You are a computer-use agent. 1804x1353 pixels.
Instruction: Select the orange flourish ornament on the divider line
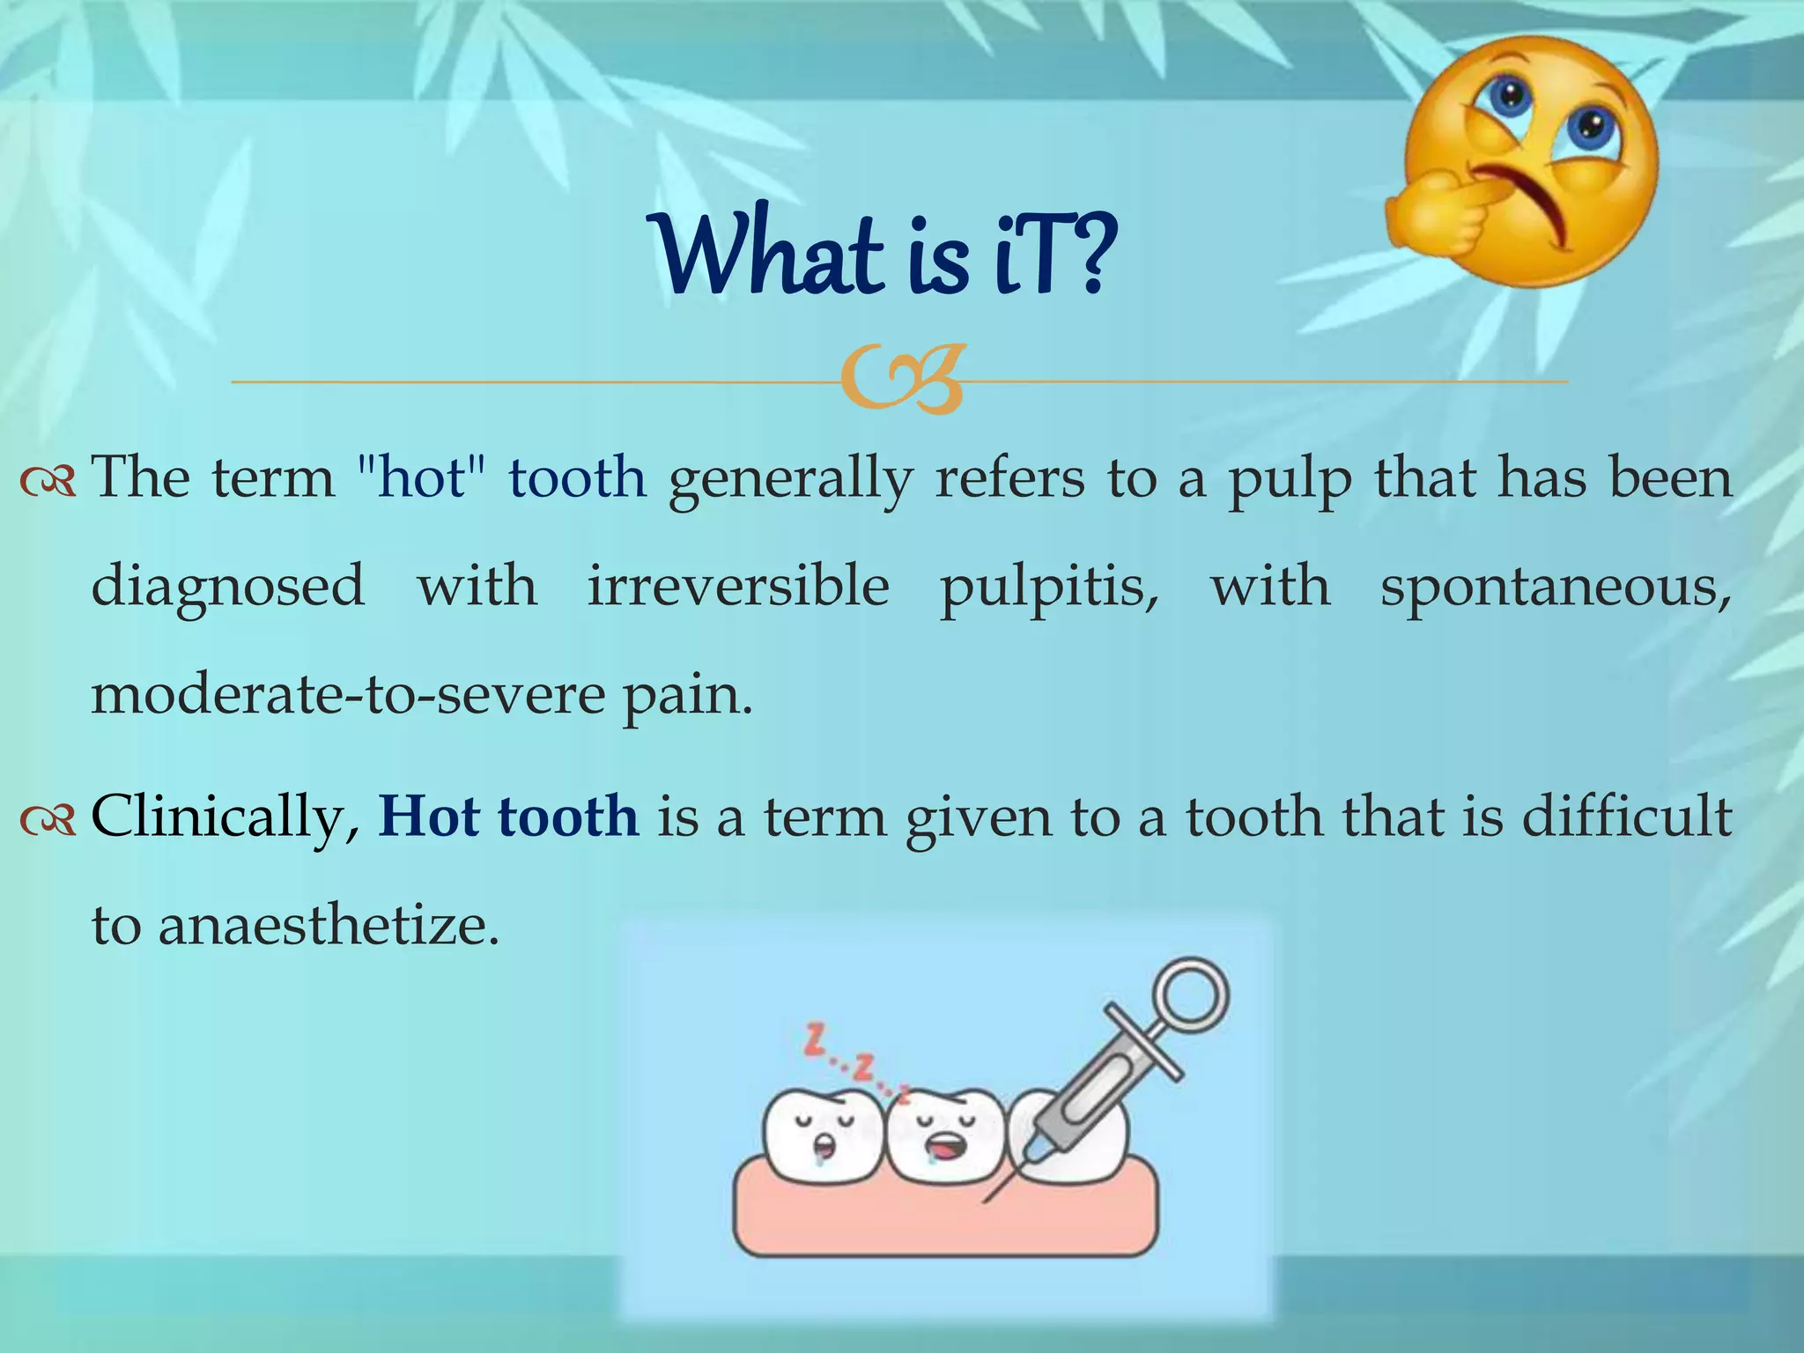pos(903,381)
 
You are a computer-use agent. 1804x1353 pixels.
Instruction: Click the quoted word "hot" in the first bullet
pos(421,478)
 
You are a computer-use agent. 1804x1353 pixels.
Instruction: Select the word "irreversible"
pos(738,587)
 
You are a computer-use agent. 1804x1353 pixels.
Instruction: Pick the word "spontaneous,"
pos(1556,587)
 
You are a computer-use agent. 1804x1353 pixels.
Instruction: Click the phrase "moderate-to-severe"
pos(349,695)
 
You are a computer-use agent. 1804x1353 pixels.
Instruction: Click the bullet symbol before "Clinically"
pos(48,820)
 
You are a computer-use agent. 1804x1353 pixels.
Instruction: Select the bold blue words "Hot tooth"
pos(508,817)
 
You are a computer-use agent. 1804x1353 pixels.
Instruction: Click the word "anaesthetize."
pos(329,926)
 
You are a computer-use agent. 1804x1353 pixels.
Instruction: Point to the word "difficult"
pos(1627,817)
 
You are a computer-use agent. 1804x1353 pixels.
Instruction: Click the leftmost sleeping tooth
pos(822,1136)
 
